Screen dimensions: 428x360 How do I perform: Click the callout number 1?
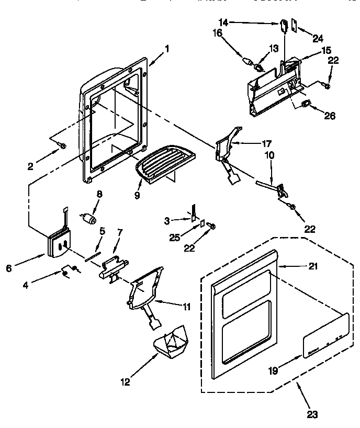click(167, 49)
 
